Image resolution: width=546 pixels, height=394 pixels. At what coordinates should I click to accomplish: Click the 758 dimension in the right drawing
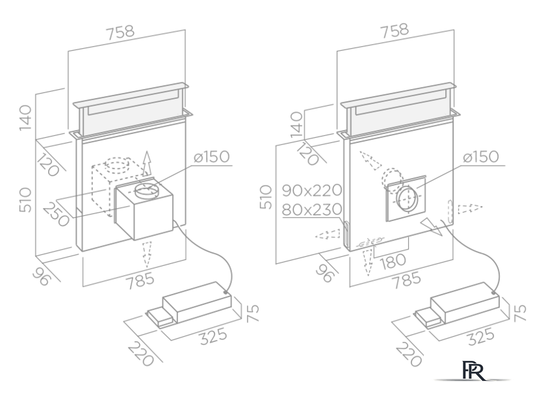pos(395,31)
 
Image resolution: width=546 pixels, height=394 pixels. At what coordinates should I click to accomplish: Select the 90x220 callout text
pos(312,190)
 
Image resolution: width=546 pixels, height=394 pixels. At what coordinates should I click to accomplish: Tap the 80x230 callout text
pos(312,210)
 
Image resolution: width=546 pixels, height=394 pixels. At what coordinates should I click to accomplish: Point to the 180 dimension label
pos(393,261)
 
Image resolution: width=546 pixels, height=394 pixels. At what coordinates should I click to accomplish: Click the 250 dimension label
pos(56,215)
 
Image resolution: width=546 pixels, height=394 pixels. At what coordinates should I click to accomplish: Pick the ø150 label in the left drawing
pos(212,157)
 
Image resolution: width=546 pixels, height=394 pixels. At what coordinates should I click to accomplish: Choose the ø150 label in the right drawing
pos(481,157)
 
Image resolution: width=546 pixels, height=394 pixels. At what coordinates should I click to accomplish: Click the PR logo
pos(473,371)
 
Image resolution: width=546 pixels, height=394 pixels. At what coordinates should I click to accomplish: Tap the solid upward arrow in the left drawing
pos(147,163)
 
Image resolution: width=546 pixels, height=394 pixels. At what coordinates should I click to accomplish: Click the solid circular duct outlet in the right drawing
pos(406,199)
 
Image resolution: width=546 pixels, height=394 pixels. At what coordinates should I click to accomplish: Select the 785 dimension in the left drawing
pos(140,281)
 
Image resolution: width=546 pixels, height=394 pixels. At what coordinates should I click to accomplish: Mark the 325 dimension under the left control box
pos(213,336)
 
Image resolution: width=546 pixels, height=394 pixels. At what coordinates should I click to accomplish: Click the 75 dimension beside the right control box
pos(519,313)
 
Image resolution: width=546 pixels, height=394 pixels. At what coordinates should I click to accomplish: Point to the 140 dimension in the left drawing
pos(25,118)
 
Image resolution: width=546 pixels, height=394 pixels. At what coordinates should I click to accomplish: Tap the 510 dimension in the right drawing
pos(266,197)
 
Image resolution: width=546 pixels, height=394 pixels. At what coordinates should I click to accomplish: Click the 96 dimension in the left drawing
pos(42,278)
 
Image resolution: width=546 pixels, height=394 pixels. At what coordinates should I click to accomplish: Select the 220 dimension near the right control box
pos(409,354)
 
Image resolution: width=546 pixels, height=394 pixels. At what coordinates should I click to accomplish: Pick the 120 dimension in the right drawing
pos(307,153)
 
